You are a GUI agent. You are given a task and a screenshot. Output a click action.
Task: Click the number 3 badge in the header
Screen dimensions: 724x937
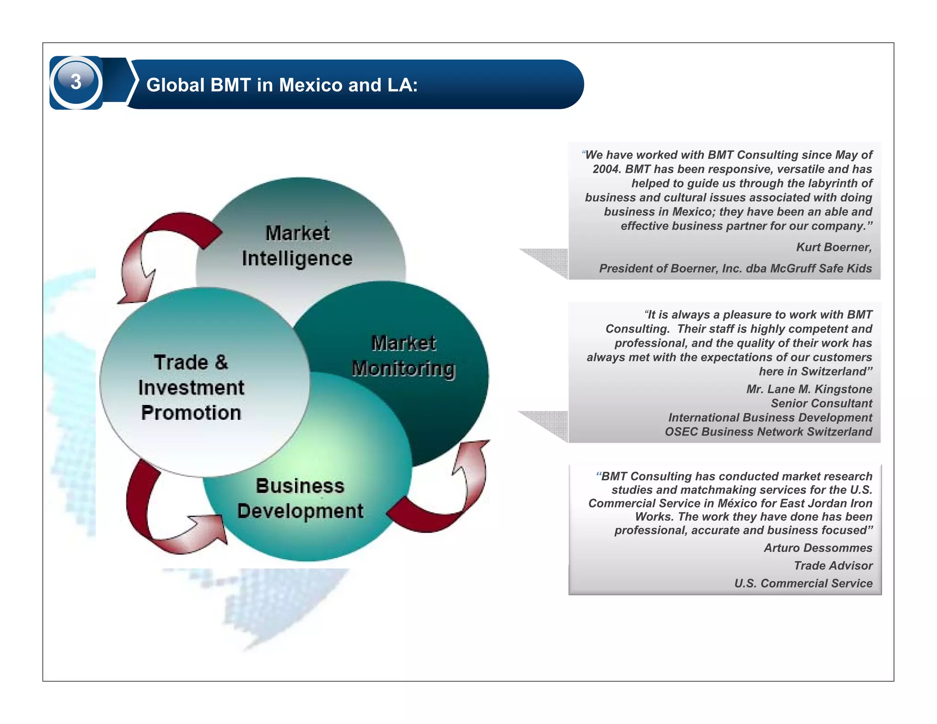click(76, 82)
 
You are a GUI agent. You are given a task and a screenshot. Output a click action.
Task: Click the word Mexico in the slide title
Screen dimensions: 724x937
click(311, 85)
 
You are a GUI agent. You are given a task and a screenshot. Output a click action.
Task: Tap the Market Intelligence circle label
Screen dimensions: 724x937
click(297, 246)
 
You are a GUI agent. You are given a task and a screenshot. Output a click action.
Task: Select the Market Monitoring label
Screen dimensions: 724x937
click(404, 356)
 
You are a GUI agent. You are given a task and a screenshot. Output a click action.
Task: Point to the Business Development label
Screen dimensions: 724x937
click(300, 498)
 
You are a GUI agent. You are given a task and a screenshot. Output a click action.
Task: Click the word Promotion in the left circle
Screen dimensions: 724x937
click(191, 413)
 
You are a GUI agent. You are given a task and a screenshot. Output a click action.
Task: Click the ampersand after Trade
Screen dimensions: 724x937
click(221, 362)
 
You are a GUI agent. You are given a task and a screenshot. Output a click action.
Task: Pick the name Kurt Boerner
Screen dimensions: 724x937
click(834, 247)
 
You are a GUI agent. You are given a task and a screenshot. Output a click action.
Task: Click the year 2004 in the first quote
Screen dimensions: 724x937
click(606, 169)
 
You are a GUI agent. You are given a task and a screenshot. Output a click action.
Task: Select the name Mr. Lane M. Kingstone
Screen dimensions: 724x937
click(809, 389)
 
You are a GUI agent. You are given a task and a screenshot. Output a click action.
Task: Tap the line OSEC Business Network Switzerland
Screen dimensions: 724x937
click(768, 432)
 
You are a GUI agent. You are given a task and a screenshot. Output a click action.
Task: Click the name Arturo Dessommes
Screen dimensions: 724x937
click(818, 548)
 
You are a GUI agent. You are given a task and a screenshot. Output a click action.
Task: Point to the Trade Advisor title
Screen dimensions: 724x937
click(833, 566)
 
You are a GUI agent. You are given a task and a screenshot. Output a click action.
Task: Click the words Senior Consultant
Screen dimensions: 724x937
click(821, 403)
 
